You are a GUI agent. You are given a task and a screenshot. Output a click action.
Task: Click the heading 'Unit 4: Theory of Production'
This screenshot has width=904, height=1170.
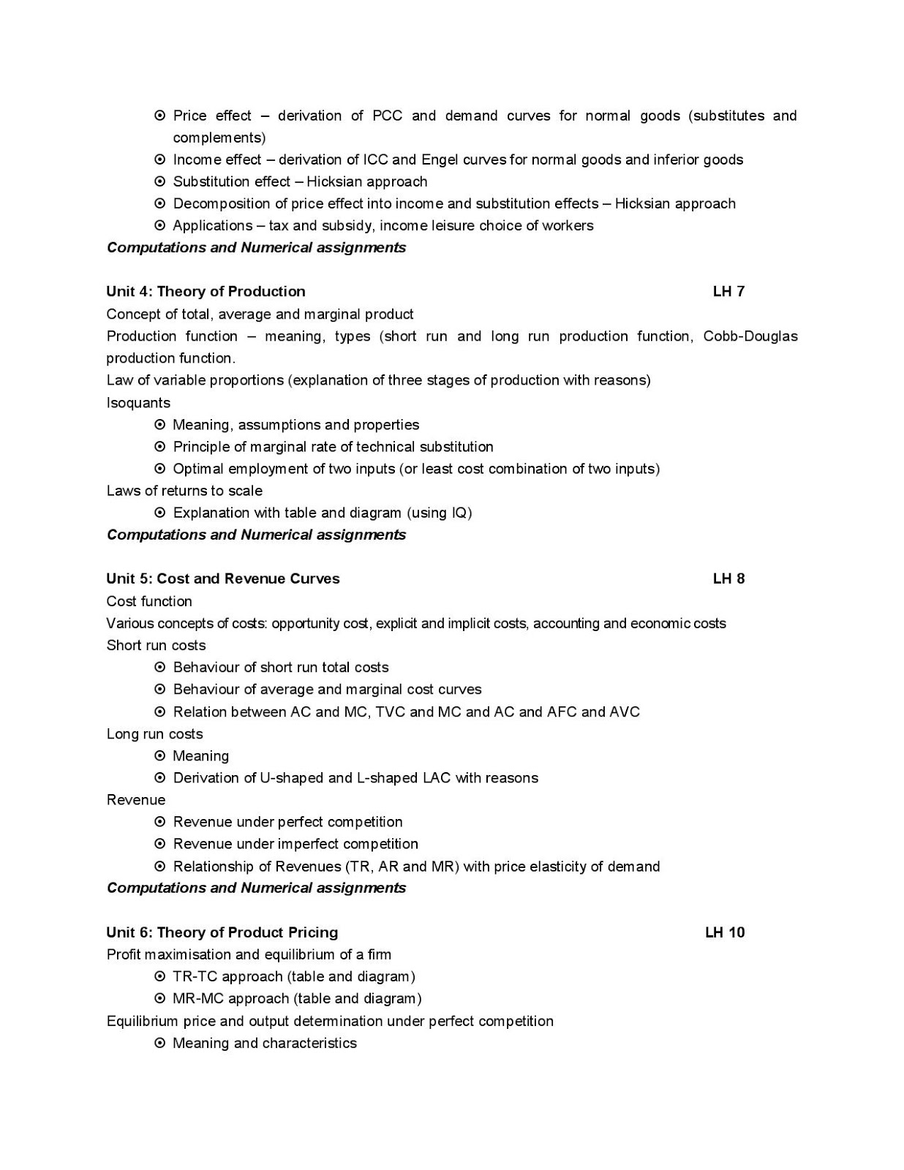coord(206,292)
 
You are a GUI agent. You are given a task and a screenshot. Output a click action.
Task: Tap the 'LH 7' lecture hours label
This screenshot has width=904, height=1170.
coord(728,292)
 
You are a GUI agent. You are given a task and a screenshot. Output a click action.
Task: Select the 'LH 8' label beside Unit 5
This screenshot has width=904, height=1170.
coord(728,579)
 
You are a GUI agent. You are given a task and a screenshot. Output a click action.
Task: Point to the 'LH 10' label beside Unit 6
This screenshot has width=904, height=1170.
coord(725,932)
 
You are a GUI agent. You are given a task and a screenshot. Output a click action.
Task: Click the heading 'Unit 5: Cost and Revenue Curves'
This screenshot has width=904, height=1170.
coord(223,579)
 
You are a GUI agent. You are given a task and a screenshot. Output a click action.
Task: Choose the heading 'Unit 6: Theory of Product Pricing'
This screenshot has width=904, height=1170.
coord(222,932)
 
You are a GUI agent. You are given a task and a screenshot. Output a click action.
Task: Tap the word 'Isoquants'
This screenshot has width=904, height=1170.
coord(138,403)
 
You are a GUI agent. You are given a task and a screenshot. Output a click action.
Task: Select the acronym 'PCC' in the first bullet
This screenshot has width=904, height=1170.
coord(387,116)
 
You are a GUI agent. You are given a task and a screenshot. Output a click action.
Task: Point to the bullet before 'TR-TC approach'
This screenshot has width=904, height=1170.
coord(160,976)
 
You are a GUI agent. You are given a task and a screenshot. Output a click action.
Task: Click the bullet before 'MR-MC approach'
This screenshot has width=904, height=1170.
coord(160,998)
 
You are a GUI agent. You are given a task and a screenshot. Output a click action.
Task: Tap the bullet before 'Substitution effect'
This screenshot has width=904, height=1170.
coord(160,181)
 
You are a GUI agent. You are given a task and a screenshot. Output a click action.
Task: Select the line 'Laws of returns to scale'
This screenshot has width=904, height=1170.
coord(184,491)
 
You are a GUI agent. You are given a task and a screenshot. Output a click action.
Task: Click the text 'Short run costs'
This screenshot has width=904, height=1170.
coord(156,646)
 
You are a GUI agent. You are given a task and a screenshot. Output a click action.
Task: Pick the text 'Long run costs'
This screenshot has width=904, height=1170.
coord(154,734)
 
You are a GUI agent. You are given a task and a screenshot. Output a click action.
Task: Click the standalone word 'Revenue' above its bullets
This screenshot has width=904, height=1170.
coord(136,800)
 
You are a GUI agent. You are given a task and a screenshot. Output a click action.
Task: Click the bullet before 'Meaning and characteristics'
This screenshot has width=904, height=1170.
coord(160,1043)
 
